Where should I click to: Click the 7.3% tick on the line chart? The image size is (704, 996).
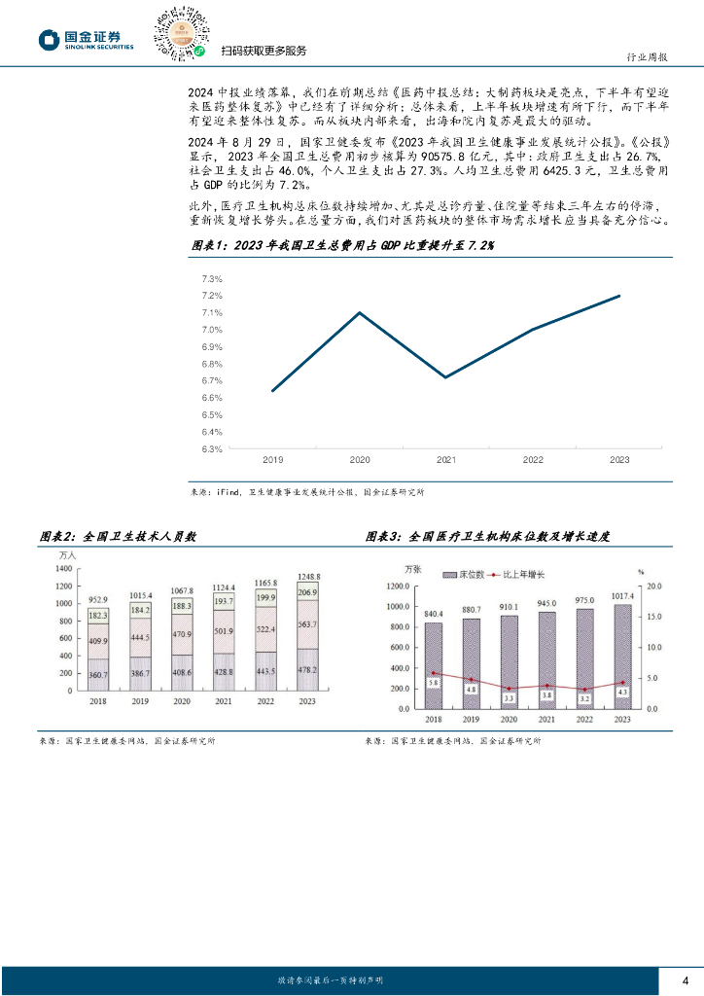coord(212,279)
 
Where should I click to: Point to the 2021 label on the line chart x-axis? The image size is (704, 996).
coord(446,459)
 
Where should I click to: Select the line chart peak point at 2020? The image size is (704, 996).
coord(360,312)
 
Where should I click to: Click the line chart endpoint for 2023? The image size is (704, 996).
coord(619,296)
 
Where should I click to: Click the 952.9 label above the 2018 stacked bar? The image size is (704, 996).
coord(99,599)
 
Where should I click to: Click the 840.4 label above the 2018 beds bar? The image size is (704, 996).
coord(433,614)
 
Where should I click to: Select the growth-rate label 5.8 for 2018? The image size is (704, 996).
coord(435,684)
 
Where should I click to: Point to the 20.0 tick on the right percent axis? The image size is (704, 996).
coord(652,587)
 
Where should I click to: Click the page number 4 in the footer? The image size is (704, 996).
coord(686,978)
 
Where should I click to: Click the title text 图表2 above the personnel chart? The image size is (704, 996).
coord(57,536)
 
